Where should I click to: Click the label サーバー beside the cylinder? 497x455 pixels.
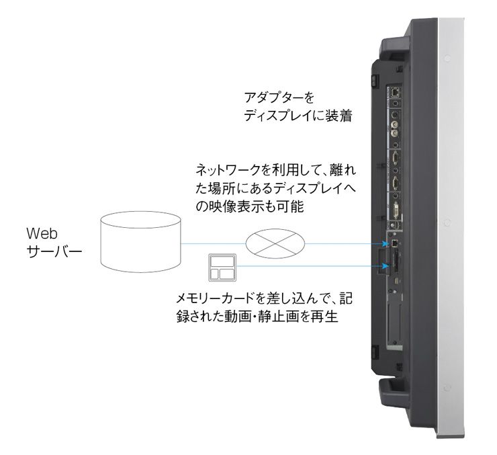coord(54,253)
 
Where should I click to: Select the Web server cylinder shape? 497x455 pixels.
coord(139,241)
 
